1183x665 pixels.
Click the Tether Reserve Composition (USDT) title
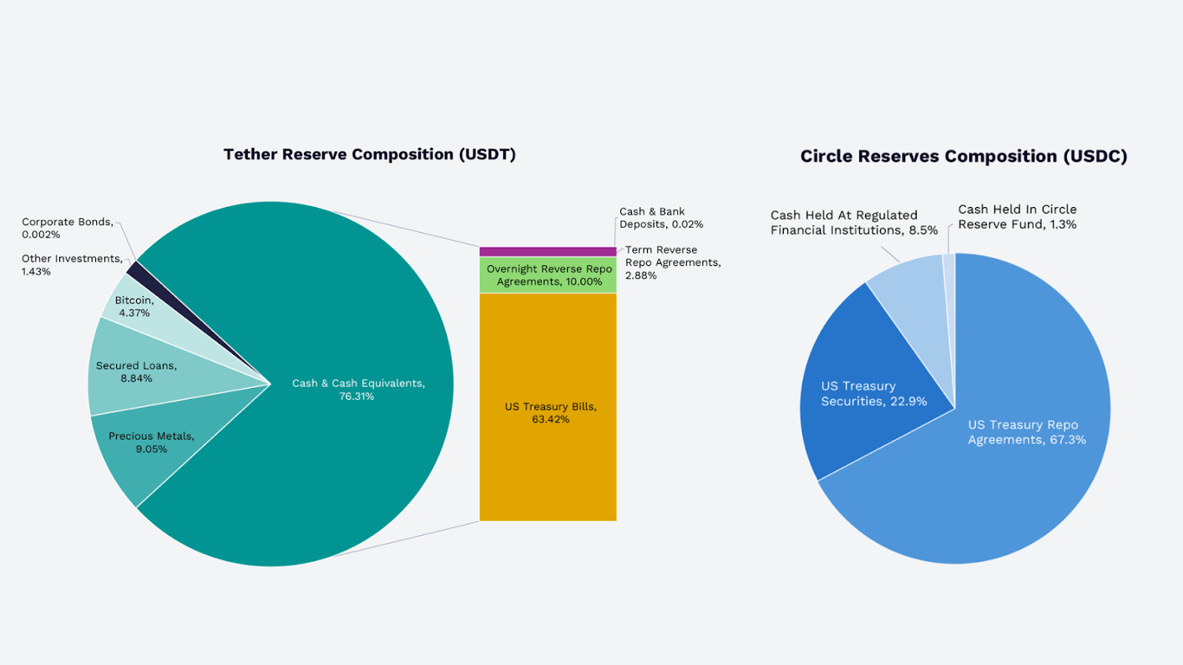(x=370, y=155)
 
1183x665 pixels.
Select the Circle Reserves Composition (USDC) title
(x=963, y=157)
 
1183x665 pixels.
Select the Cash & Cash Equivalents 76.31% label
(x=358, y=390)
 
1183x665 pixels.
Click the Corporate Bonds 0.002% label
(x=67, y=229)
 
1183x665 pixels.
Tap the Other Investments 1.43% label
(x=71, y=265)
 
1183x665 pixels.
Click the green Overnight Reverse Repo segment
(x=547, y=275)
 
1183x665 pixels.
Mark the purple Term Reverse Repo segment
(x=547, y=252)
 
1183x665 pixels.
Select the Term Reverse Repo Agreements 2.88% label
(x=672, y=262)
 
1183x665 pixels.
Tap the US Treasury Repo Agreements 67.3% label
(x=1026, y=432)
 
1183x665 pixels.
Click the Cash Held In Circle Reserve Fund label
(x=1017, y=216)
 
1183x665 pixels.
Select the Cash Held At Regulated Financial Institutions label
(x=853, y=223)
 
